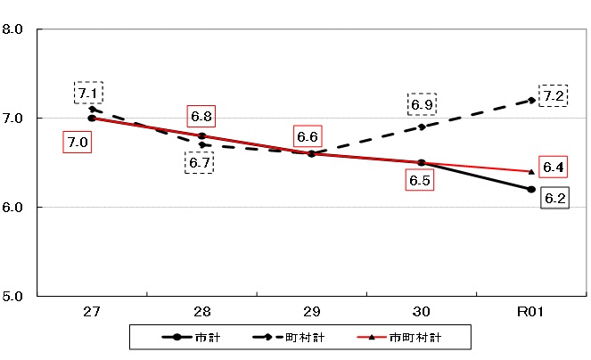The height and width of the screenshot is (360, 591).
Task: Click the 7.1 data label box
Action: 88,93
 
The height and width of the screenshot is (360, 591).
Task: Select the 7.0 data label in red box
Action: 77,142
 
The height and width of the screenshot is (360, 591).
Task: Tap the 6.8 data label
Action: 201,117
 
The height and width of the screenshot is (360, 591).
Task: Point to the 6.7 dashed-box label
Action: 199,162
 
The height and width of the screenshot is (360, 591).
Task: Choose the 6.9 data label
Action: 421,104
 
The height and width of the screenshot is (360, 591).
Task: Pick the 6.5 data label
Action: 418,181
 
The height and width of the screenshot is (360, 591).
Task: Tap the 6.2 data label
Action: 554,199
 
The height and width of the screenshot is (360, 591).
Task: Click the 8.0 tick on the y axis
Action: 13,29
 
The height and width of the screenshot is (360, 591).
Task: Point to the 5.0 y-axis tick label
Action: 13,295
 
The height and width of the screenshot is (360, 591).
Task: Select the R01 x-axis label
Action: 531,312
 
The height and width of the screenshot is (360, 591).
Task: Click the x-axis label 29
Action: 311,312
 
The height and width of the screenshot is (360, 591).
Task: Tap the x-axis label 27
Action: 92,312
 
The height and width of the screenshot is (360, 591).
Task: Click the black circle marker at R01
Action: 531,189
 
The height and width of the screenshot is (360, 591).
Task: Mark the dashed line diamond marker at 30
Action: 422,127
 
